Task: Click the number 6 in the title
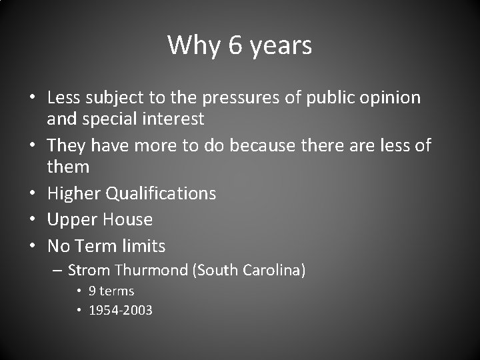235,45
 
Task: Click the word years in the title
281,46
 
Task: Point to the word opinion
393,98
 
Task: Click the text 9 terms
113,291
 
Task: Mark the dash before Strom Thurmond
59,271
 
